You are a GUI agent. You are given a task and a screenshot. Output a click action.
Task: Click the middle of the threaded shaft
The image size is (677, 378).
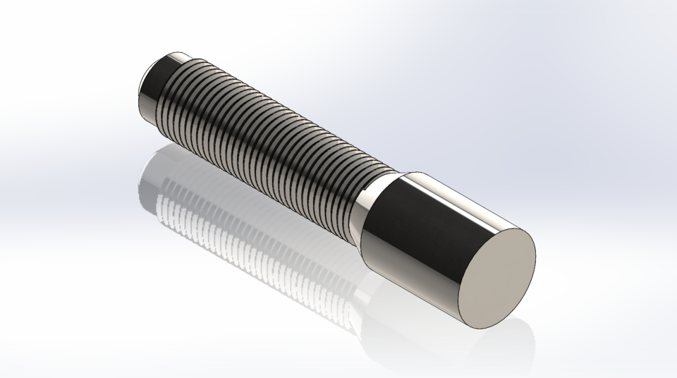[x=268, y=141]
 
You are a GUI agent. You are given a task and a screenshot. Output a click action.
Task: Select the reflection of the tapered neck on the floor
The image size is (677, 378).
[x=353, y=282]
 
